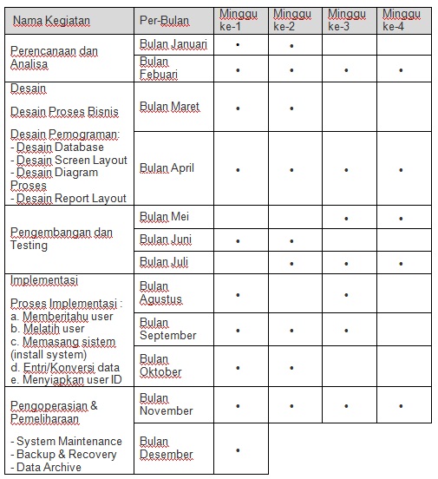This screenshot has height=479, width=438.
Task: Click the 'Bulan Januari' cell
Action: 174,44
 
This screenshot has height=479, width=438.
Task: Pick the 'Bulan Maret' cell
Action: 169,107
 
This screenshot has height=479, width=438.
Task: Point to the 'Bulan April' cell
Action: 167,168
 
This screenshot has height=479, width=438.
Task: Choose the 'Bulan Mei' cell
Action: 164,216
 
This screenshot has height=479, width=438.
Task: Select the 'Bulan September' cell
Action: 168,329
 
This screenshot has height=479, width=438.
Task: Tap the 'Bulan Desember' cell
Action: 167,448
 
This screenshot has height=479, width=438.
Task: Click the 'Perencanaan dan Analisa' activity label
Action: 53,57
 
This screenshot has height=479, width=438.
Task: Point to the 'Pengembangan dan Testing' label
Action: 62,239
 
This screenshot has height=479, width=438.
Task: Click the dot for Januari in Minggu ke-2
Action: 291,45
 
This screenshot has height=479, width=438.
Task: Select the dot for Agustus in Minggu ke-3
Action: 346,294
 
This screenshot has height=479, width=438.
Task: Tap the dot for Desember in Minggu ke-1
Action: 238,449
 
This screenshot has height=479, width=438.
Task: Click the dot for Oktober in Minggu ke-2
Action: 291,367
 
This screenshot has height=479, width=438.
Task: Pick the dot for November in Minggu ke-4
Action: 401,405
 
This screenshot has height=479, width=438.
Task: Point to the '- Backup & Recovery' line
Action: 63,455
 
